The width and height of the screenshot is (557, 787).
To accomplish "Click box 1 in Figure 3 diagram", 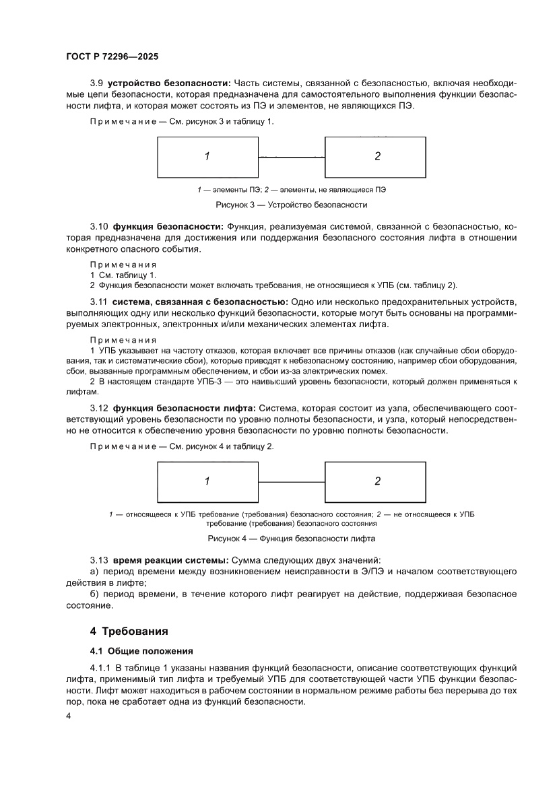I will click(207, 156).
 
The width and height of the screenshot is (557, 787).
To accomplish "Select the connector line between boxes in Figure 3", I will click(292, 157).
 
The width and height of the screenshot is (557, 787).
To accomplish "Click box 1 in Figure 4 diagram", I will click(207, 481).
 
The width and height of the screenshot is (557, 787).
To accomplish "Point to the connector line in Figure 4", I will click(292, 481).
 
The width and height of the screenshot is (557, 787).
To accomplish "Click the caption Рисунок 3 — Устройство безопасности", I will click(291, 205).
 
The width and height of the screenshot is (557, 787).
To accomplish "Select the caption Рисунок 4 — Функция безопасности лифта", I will click(291, 539).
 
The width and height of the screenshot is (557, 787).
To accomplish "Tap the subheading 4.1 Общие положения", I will click(141, 651).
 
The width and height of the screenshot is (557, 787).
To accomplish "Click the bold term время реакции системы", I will click(170, 560).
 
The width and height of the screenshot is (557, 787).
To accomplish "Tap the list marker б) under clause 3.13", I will click(94, 594).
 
